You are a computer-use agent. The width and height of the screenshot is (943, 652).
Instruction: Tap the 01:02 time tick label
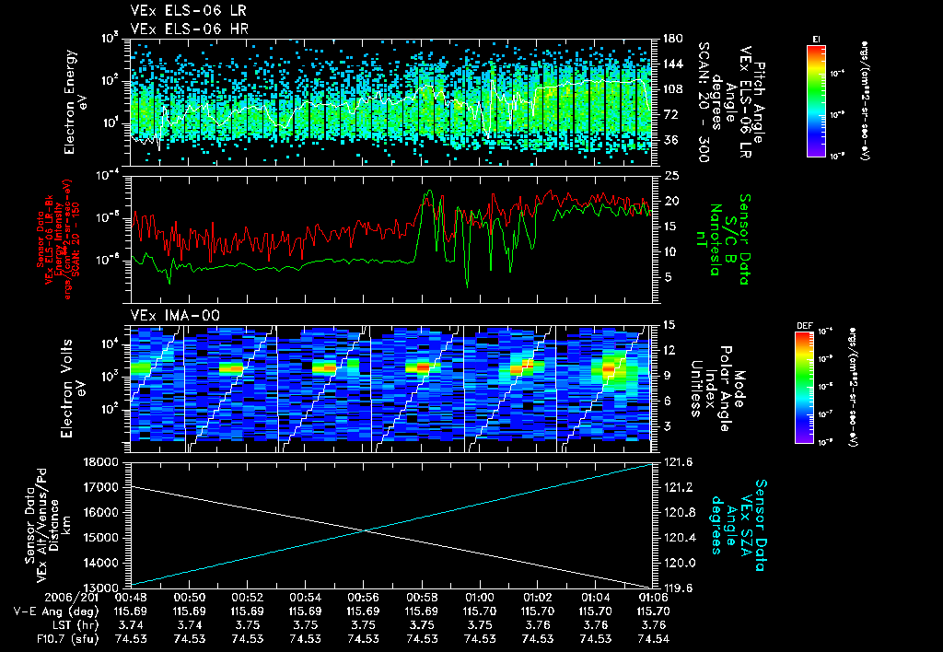538,597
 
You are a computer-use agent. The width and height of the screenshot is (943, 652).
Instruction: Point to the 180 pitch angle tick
671,39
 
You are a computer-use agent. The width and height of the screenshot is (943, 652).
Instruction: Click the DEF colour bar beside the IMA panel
803,387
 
